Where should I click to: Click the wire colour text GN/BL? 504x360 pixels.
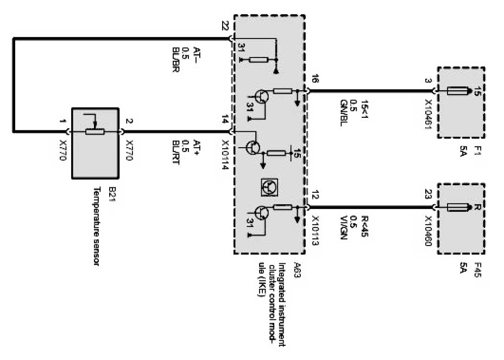pyautogui.click(x=344, y=115)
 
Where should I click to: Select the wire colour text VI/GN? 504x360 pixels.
pyautogui.click(x=344, y=231)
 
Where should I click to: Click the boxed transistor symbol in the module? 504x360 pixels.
pyautogui.click(x=269, y=186)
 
